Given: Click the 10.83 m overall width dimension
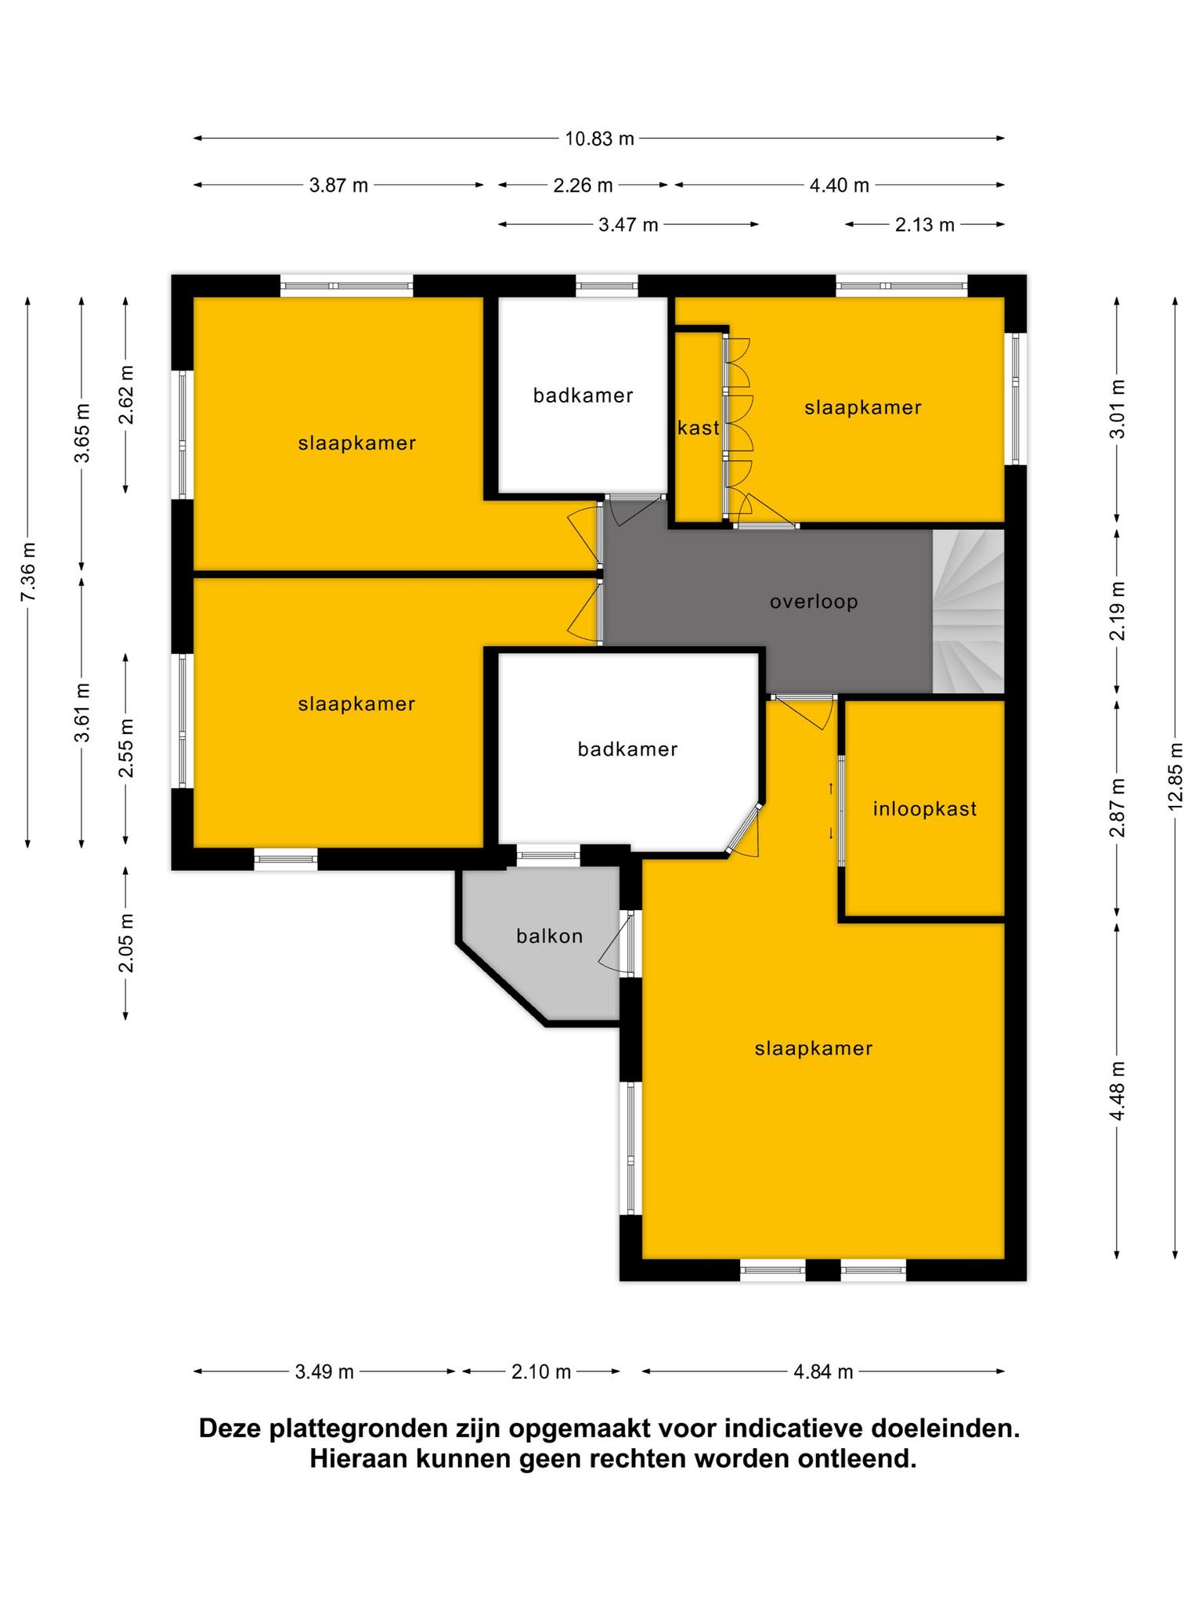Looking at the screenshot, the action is pos(600,139).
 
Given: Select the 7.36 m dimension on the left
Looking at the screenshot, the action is pos(27,572).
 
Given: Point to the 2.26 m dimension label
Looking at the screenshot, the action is pos(583,186).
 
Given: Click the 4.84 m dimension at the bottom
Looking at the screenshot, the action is pos(823,1371).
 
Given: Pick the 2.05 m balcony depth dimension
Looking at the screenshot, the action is pos(125,943).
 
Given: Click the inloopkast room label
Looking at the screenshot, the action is pos(925,809).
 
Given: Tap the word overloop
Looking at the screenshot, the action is pos(814,602).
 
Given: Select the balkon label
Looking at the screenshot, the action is pos(550,936).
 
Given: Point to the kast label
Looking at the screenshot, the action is pos(699,428).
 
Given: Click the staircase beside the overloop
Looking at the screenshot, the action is pos(968,612).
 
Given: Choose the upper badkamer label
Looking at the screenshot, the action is pos(583,396).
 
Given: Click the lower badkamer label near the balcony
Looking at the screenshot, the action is pos(628,750).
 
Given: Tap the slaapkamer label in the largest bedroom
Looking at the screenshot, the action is pos(814,1049).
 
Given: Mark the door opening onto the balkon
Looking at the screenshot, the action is pos(624,944).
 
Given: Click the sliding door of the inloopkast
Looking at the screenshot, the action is pos(842,811).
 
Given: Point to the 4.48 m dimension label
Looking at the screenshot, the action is pos(1118,1091).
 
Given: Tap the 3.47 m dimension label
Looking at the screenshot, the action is pos(629,226).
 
